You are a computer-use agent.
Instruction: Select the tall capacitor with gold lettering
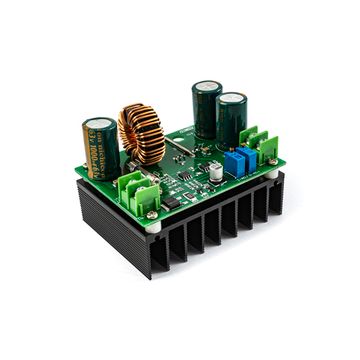[101, 148]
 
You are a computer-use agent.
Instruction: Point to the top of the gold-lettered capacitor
[100, 125]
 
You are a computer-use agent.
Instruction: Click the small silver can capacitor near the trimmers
[215, 171]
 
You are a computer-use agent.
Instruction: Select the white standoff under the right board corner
[272, 172]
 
